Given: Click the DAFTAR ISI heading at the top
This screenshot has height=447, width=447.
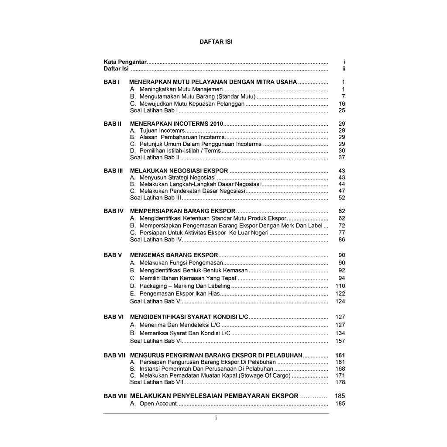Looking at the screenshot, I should pos(216,42).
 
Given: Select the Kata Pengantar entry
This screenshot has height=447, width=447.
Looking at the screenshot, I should pos(125,62).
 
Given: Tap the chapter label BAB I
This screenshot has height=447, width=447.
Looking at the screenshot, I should pos(111,82).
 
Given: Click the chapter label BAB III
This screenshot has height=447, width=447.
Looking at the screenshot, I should pos(113,171).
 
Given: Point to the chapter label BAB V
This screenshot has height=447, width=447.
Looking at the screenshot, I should pos(113,255).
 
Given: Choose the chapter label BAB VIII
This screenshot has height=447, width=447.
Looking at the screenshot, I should pos(115,396).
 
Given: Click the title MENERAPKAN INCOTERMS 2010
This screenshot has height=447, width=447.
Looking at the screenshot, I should pos(176,124).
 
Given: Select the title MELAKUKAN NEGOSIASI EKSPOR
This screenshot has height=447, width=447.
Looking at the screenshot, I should pos(179,171).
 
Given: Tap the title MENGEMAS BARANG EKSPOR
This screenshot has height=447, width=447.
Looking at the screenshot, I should pos(174,255).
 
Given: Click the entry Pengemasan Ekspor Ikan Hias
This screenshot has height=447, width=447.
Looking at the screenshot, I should pos(179,294).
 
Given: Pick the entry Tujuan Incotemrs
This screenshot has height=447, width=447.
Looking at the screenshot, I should pos(162,131).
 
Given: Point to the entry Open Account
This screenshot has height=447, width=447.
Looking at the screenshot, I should pos(158,404).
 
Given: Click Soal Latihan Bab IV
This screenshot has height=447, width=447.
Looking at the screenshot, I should pos(156,240).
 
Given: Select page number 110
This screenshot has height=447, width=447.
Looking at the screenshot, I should pos(340,286).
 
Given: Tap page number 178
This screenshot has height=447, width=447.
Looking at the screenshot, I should pos(340,382).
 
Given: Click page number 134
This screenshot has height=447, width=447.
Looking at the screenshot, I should pos(340,333).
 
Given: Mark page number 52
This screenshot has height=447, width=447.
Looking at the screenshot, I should pos(342,198).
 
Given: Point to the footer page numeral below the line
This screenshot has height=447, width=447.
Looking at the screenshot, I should pos(216,418).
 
